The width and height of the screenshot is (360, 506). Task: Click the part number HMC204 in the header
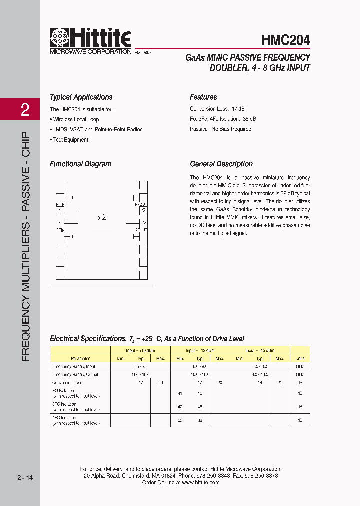point(285,40)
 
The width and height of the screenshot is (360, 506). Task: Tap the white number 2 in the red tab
point(25,110)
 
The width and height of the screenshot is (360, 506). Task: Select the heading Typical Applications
point(81,97)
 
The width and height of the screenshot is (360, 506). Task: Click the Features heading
point(203,97)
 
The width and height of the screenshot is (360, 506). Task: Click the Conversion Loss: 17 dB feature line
point(217,109)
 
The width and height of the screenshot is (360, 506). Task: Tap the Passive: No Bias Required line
point(220,129)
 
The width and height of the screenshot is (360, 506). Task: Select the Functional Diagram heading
point(80,164)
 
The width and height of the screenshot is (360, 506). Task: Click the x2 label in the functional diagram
point(102,217)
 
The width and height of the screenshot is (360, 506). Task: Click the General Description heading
point(221,164)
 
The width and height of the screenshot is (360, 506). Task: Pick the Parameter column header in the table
point(80,358)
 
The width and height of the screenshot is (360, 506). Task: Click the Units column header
point(299,358)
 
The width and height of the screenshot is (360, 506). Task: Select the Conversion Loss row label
point(67,382)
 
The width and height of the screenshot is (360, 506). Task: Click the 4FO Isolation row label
point(64,417)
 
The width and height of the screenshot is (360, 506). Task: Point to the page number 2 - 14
point(25,478)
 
